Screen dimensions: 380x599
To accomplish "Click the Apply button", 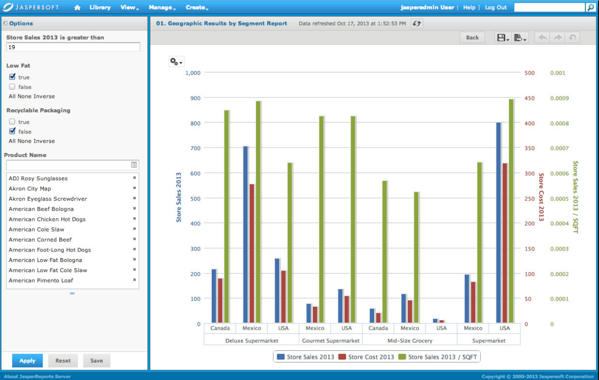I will tap(27, 360).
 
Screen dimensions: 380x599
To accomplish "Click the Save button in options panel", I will tap(97, 360).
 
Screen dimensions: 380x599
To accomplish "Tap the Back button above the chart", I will tap(472, 38).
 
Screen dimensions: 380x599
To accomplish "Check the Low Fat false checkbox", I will tap(12, 87).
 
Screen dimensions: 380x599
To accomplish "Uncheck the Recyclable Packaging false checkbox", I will tap(12, 132).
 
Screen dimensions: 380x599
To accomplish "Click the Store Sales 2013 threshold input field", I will tap(73, 47).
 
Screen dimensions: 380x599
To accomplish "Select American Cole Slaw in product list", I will tap(36, 229).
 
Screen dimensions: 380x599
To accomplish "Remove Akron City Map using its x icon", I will tap(134, 188).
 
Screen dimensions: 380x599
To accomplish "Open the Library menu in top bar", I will tap(100, 8).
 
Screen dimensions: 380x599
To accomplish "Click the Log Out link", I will tap(495, 8).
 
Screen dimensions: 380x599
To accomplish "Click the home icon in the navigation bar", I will tap(77, 8).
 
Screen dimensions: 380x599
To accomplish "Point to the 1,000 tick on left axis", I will tap(193, 73).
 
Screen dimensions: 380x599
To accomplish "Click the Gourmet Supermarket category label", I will tap(330, 341).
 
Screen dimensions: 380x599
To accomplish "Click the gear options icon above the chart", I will tap(176, 62).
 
